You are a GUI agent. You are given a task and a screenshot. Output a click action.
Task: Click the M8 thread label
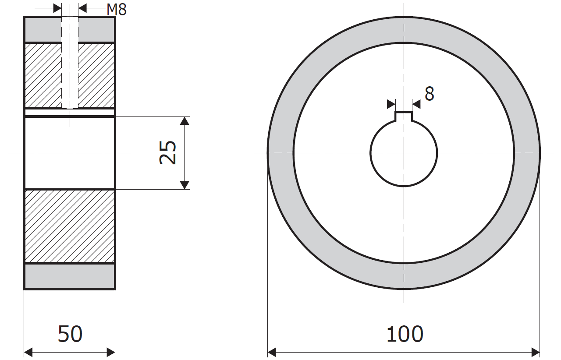coord(117,9)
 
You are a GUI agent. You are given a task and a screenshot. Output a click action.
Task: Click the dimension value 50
coord(70,334)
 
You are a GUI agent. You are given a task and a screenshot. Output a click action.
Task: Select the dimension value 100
coord(405,334)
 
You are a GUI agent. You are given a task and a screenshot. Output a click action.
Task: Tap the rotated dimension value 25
coord(168,152)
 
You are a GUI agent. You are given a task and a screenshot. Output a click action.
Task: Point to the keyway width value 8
coord(430,94)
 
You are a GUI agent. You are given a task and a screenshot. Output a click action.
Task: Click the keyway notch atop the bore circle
coord(404,116)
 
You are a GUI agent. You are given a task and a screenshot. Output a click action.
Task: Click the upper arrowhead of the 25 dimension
coord(185,121)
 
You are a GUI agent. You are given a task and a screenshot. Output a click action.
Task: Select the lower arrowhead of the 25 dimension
coord(185,185)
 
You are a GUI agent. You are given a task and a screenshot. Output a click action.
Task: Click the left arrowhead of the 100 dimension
coord(272,352)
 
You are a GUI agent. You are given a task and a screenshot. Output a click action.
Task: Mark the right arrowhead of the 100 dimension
coord(536,352)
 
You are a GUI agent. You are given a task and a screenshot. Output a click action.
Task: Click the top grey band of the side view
coord(44,30)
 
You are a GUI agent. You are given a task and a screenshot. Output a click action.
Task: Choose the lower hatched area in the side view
coord(69,226)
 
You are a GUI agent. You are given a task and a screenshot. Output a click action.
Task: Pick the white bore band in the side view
coord(69,152)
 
